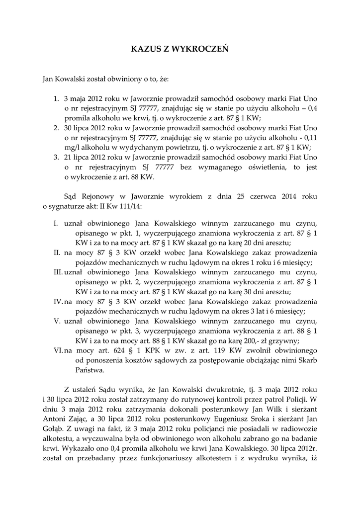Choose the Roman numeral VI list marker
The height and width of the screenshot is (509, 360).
pyautogui.click(x=58, y=350)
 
